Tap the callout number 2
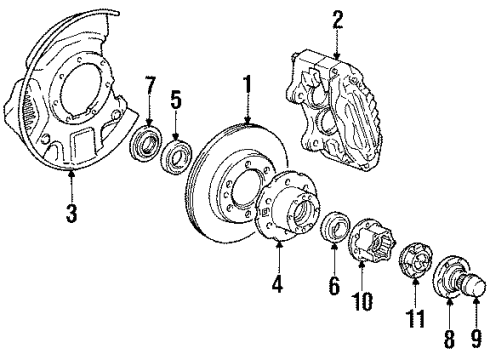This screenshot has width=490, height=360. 337,17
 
